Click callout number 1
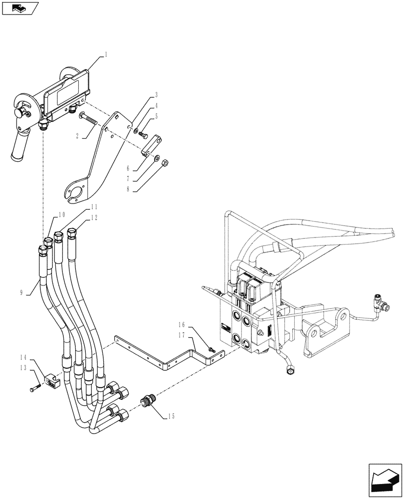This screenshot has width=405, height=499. tap(106, 56)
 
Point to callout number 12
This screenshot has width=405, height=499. tap(94, 218)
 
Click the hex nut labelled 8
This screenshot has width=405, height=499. tap(167, 162)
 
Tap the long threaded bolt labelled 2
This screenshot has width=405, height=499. tap(88, 120)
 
